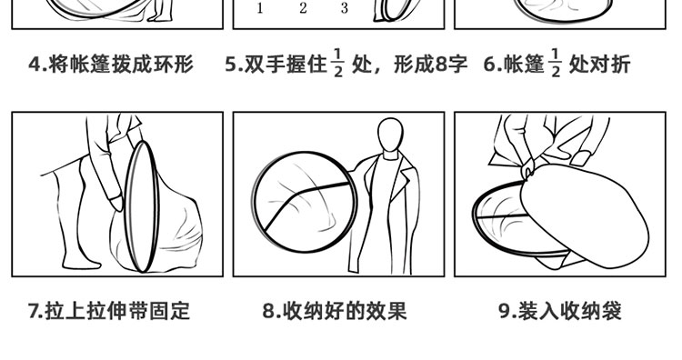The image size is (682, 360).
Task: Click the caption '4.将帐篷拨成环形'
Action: [111, 65]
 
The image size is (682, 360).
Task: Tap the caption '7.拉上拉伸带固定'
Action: [109, 311]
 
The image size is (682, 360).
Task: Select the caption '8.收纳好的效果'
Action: [334, 311]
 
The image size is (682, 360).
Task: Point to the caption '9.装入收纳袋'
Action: [560, 311]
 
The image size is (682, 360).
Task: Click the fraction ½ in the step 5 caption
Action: [338, 64]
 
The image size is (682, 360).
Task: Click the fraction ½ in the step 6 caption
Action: [556, 64]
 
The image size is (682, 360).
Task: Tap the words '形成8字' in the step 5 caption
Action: [431, 65]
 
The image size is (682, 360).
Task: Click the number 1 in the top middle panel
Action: [260, 8]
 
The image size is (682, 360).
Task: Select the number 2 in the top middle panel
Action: [303, 8]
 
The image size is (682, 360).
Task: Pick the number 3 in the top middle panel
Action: [345, 8]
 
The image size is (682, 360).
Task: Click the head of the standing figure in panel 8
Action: [390, 135]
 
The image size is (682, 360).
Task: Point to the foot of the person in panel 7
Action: [82, 262]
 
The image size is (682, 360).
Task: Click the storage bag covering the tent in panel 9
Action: [585, 215]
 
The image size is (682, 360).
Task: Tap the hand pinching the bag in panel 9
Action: [528, 168]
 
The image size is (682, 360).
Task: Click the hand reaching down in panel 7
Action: [115, 203]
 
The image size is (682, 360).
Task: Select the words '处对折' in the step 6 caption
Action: [600, 65]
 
